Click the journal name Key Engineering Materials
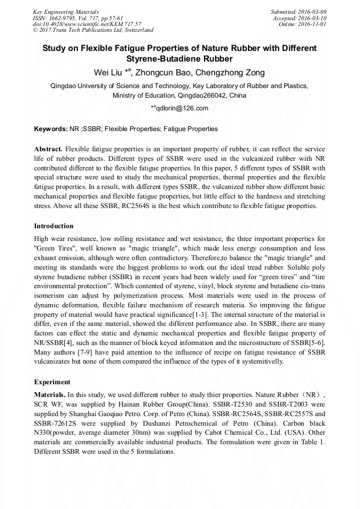point(66,12)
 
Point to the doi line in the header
point(87,24)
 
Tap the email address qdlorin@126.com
point(182,108)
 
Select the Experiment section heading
point(52,382)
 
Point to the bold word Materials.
point(50,395)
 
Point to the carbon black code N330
point(43,433)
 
